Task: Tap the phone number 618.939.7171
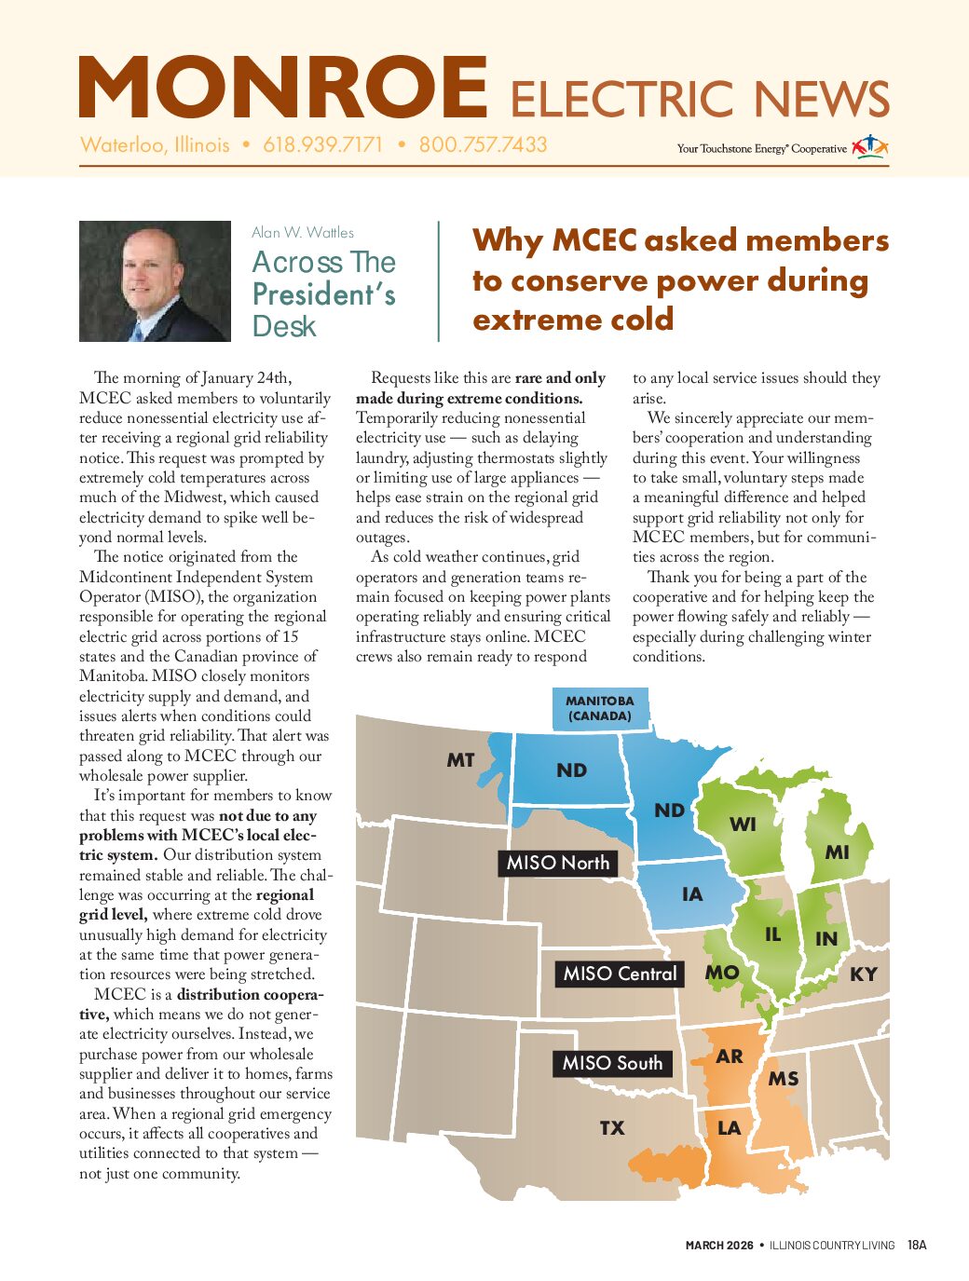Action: [322, 145]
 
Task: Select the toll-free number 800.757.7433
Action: [483, 145]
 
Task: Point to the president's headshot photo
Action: [155, 280]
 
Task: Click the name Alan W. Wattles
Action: [303, 233]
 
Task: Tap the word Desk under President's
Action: [284, 327]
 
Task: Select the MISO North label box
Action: [557, 864]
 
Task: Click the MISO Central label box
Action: [620, 974]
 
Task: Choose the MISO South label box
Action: [612, 1063]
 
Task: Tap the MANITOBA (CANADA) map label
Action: [599, 708]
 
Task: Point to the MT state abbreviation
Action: [460, 760]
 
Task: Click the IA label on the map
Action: [691, 895]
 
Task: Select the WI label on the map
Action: [743, 824]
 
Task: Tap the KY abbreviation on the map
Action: [863, 974]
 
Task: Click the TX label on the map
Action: [611, 1128]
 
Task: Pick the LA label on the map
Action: [729, 1128]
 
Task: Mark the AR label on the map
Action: [730, 1056]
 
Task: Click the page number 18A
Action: [917, 1245]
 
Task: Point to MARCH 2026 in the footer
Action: [719, 1246]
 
